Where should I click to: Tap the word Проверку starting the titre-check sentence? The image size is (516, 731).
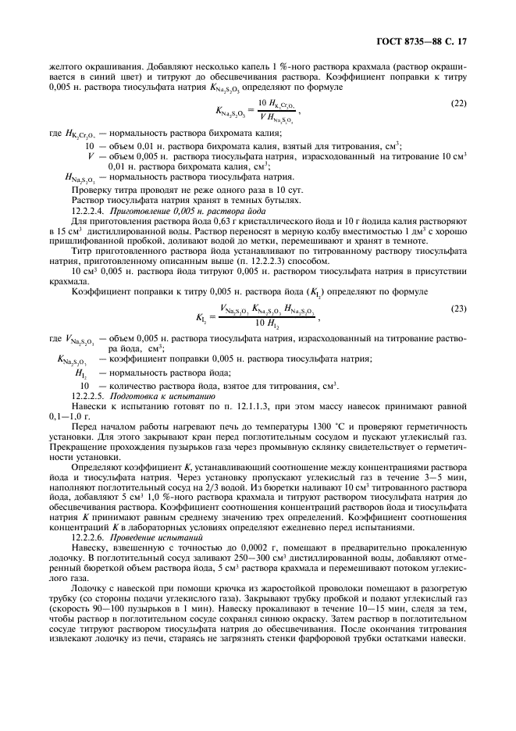[x=93, y=190]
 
